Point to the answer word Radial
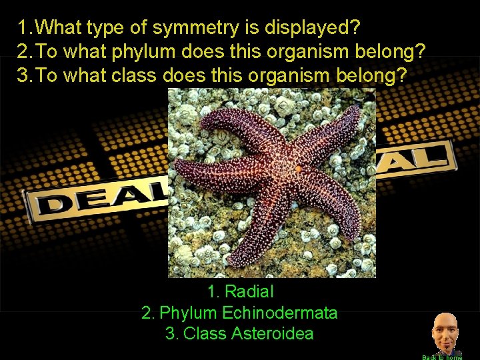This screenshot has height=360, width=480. point(249,291)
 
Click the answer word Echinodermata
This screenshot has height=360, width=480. point(280,312)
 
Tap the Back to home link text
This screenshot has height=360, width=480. point(442,357)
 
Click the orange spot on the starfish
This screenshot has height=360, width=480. point(298,169)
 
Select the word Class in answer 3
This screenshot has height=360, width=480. point(205,333)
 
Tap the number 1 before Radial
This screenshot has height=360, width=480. point(213,291)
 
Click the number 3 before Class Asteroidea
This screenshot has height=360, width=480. point(171,333)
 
